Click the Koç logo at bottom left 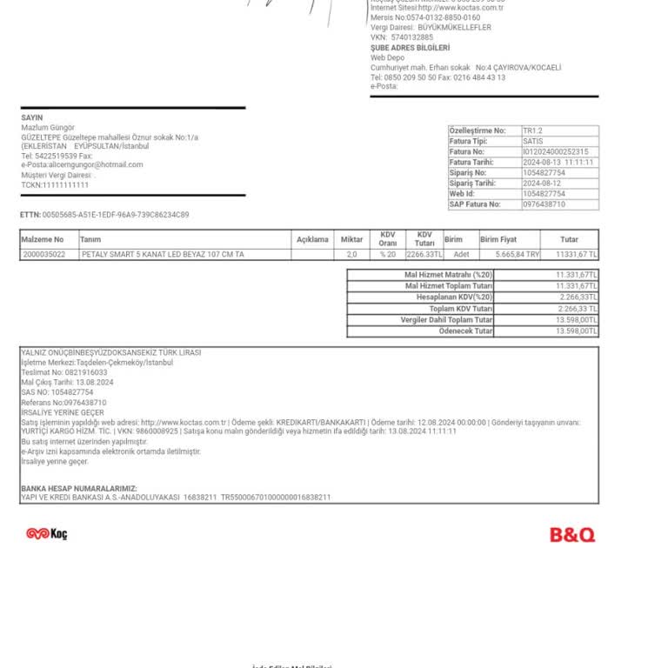click(x=46, y=533)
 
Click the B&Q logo click(x=572, y=534)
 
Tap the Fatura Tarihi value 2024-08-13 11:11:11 click(x=558, y=162)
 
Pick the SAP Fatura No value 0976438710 click(x=544, y=204)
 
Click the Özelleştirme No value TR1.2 click(x=532, y=130)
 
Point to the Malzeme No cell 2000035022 click(x=43, y=255)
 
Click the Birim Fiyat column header click(x=498, y=239)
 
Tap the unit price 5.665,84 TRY click(x=518, y=255)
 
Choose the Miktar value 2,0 click(x=351, y=255)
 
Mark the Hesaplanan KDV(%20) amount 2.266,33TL click(x=578, y=297)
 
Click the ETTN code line click(x=104, y=215)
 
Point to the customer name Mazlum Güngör click(x=48, y=128)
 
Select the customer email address click(x=82, y=164)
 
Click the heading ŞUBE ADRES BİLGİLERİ click(x=411, y=48)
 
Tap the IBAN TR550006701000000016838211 click(x=276, y=498)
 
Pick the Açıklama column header click(x=312, y=239)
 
